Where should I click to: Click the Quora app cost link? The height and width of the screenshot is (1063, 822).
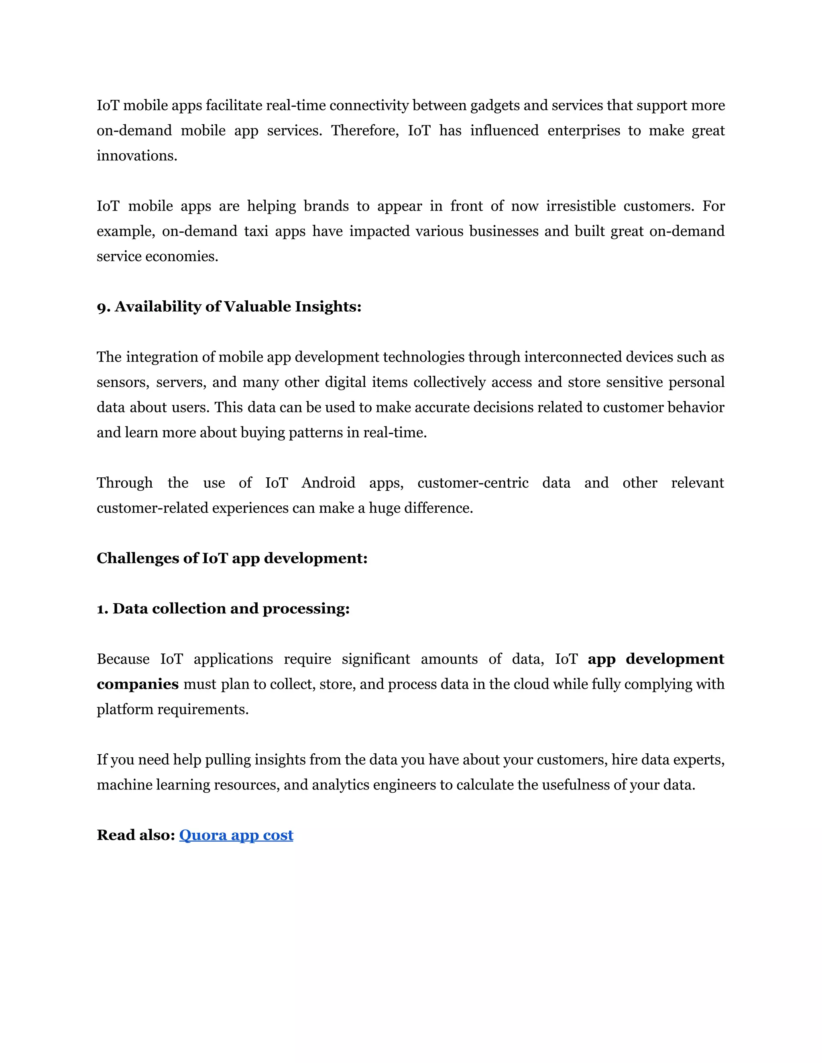[x=236, y=835]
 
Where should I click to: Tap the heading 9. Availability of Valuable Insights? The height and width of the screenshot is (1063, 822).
[x=229, y=306]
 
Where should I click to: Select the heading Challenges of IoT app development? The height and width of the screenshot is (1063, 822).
[x=232, y=558]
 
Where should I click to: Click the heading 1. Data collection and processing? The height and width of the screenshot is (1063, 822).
[x=223, y=609]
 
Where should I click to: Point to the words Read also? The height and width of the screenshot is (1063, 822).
[x=135, y=835]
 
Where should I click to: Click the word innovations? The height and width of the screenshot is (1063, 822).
[x=136, y=156]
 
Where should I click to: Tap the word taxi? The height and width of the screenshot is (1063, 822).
[x=256, y=231]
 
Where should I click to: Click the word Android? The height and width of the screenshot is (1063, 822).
[x=328, y=483]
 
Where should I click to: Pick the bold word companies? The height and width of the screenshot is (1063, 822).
[x=137, y=684]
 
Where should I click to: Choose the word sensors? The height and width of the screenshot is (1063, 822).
[x=123, y=383]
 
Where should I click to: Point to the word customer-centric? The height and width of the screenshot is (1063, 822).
[x=472, y=483]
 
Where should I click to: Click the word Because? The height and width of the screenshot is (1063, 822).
[x=123, y=659]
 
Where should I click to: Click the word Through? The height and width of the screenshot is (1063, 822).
[x=124, y=483]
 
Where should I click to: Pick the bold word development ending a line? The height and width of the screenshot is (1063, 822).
[x=674, y=659]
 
